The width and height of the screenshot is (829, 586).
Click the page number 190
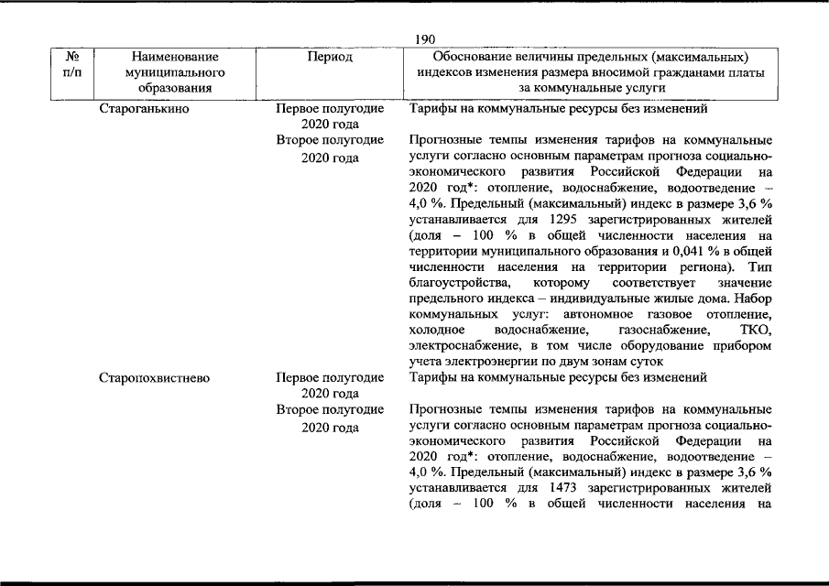424,39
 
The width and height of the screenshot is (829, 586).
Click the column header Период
331,57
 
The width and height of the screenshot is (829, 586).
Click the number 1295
564,220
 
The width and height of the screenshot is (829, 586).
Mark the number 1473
564,487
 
